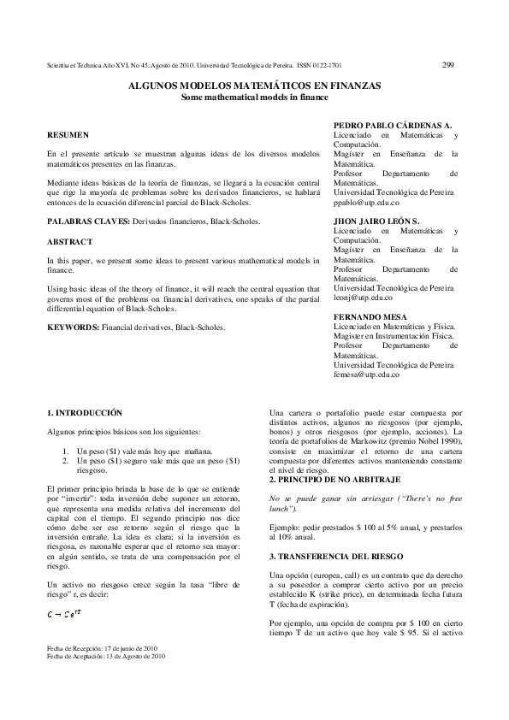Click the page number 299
tap(450, 63)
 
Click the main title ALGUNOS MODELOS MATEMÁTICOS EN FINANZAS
tap(254, 86)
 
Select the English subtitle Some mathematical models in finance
tap(254, 97)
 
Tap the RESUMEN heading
tap(67, 135)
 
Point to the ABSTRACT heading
tap(69, 242)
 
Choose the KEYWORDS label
tap(73, 328)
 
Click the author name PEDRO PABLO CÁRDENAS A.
tap(392, 126)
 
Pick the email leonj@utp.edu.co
tap(363, 297)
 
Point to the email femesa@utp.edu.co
tap(366, 374)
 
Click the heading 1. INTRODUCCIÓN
tap(85, 412)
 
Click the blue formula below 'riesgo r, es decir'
tap(63, 614)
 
